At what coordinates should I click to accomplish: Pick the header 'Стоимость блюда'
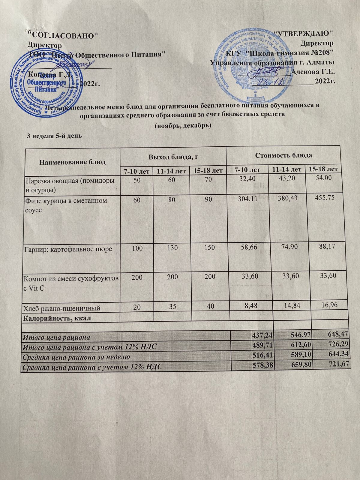283,155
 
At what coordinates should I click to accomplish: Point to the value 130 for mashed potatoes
172,248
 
